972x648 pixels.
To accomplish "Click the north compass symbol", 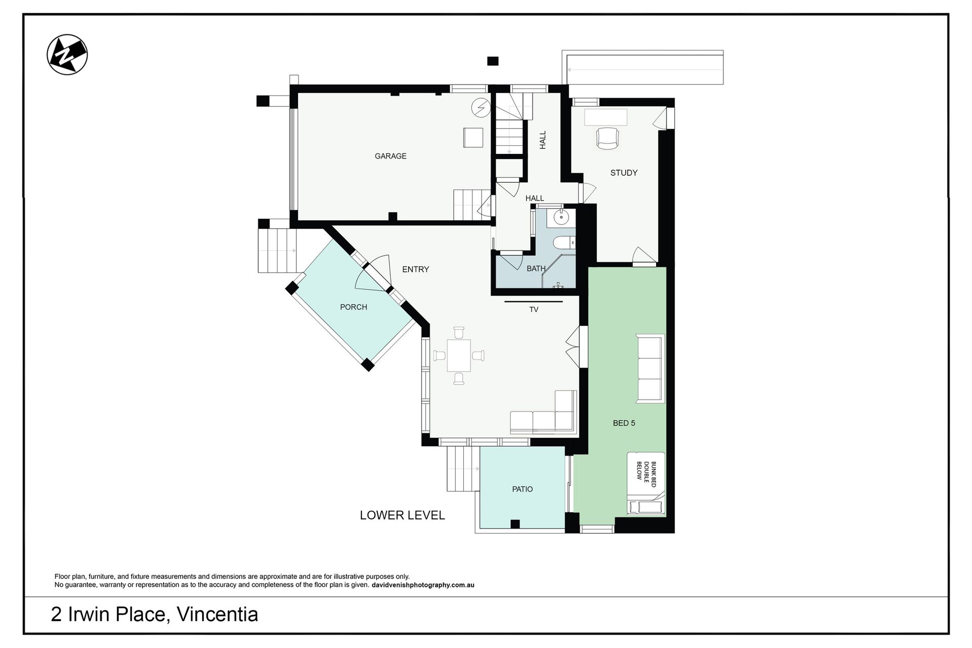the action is click(67, 55).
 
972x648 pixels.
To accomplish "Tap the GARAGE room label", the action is click(390, 156).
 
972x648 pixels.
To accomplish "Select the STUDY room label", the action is click(624, 173).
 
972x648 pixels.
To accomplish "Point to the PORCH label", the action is click(353, 307).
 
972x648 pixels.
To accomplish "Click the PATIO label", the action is click(522, 489).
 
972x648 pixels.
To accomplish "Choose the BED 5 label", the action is click(624, 423).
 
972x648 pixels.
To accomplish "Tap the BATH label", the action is click(536, 269).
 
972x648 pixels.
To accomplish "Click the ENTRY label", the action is click(416, 269).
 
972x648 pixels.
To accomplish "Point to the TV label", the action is click(534, 309).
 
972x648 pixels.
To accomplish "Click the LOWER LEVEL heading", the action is click(402, 515).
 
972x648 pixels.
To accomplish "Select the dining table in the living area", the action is click(459, 355).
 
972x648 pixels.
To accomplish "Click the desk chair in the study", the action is click(607, 138).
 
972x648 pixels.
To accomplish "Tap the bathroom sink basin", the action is click(561, 217).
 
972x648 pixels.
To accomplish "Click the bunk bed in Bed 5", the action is click(646, 483).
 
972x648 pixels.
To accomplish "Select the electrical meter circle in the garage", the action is click(480, 107).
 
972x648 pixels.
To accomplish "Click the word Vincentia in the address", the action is click(218, 615).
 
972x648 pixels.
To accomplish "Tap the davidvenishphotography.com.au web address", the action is click(423, 585).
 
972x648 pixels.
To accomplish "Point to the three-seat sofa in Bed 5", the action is click(651, 369).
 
